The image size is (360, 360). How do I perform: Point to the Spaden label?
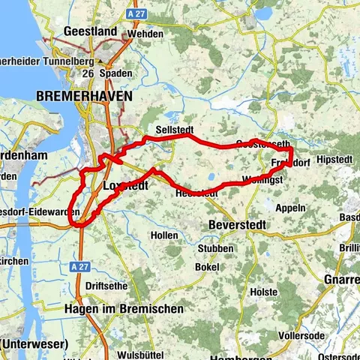pyautogui.click(x=118, y=73)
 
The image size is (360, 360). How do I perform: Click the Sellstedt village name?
pyautogui.click(x=175, y=130)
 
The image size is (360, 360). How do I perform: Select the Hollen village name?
pyautogui.click(x=164, y=235)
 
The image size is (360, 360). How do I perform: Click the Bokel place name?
pyautogui.click(x=206, y=267)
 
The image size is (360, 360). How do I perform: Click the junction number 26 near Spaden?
pyautogui.click(x=88, y=73)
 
